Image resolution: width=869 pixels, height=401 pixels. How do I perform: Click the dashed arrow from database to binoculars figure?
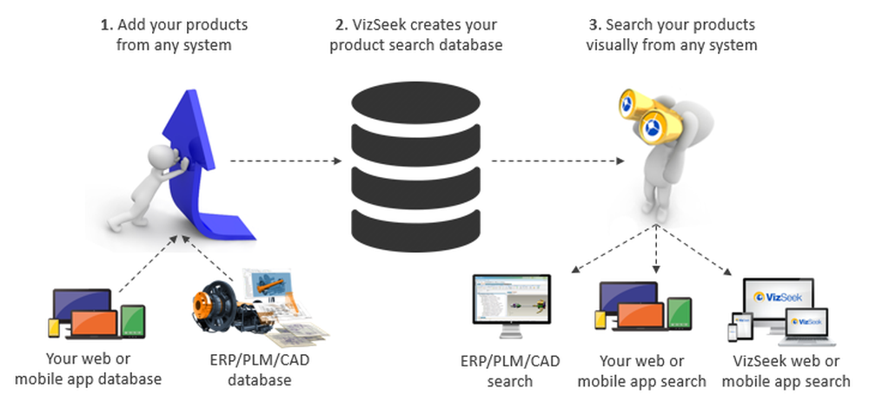(x=556, y=161)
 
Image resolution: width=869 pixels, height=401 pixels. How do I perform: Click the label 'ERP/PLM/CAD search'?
(x=510, y=371)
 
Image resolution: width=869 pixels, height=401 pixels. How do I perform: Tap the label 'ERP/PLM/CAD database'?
(x=259, y=371)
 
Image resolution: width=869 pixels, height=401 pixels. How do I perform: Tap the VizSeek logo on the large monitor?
(x=779, y=297)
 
